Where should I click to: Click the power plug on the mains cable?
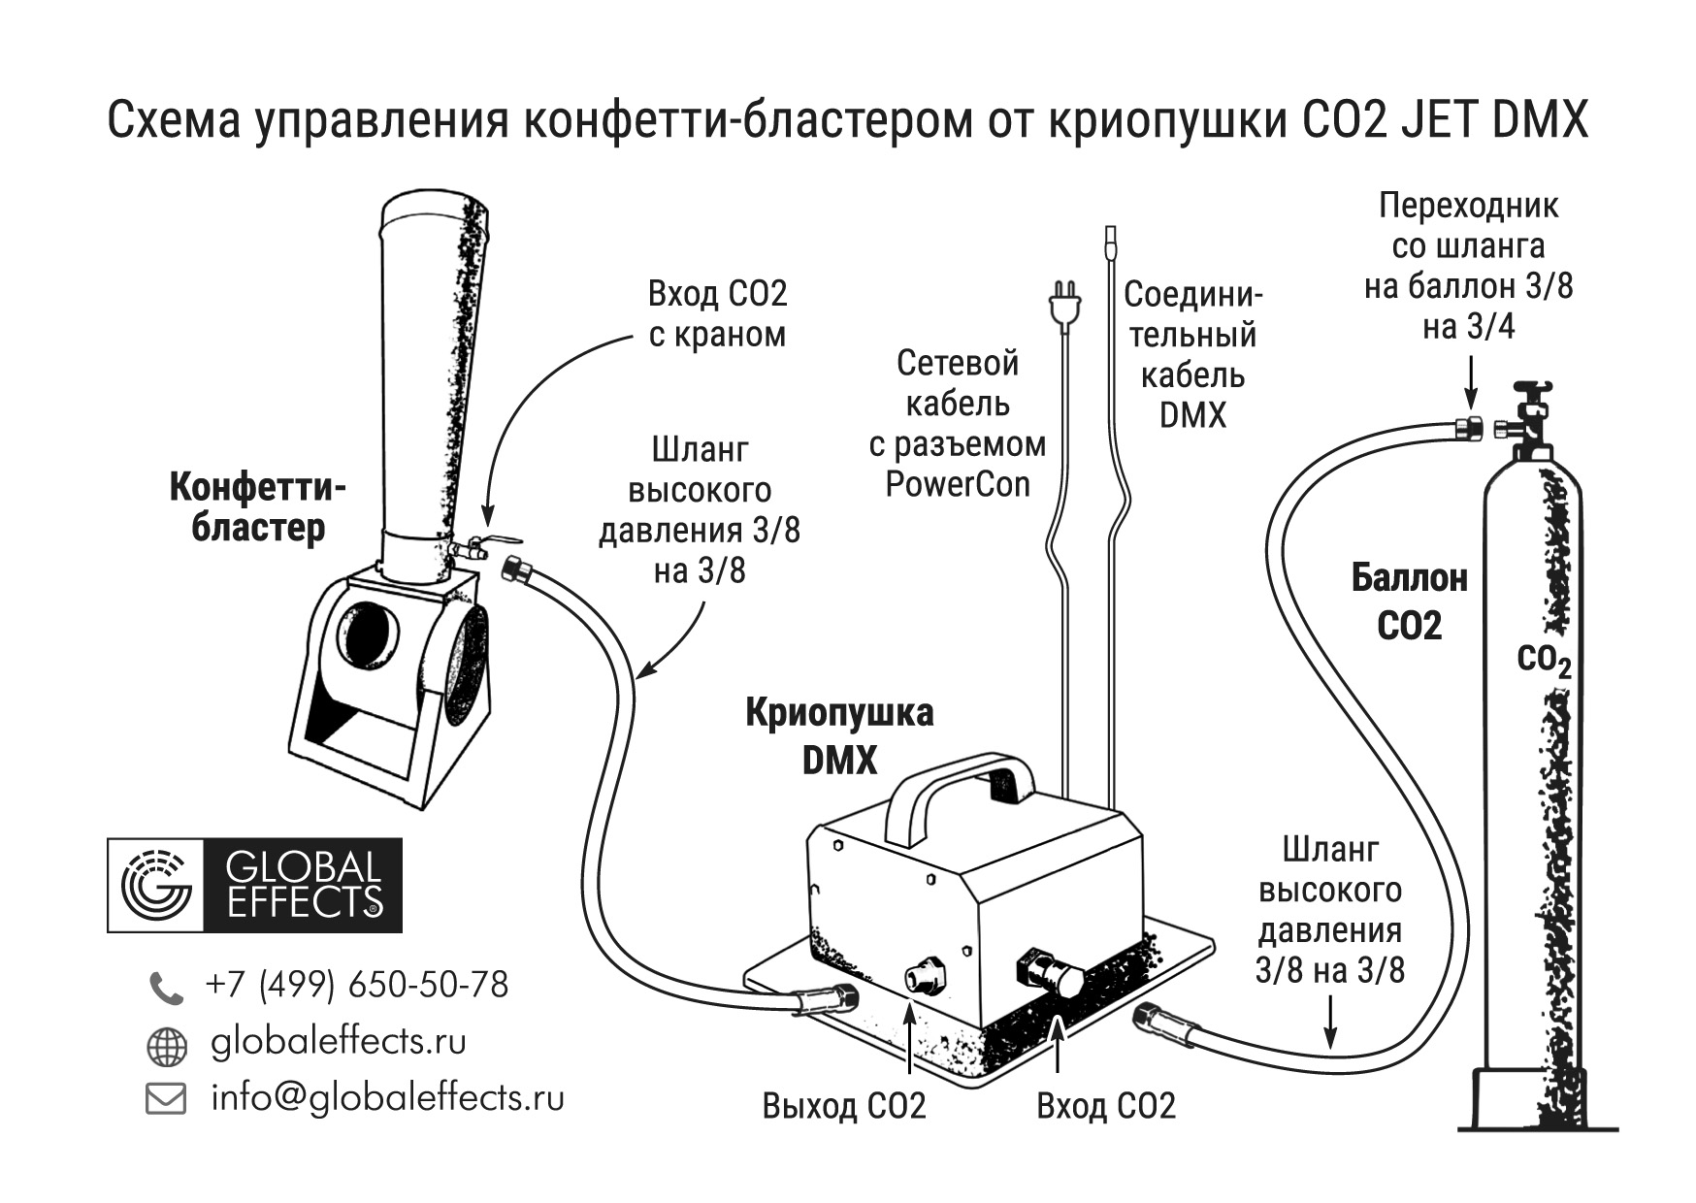pyautogui.click(x=1064, y=302)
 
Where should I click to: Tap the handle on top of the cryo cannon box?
pyautogui.click(x=961, y=782)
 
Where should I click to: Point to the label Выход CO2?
pyautogui.click(x=844, y=1106)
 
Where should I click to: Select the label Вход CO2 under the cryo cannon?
pyautogui.click(x=1106, y=1106)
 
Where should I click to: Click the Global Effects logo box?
pyautogui.click(x=254, y=885)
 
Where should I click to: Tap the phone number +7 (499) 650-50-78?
pyautogui.click(x=356, y=985)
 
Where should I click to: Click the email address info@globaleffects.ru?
pyautogui.click(x=387, y=1097)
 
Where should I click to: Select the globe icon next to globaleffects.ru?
pyautogui.click(x=165, y=1046)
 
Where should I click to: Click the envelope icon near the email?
pyautogui.click(x=165, y=1099)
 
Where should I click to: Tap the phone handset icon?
pyautogui.click(x=165, y=988)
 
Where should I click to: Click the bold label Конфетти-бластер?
pyautogui.click(x=257, y=507)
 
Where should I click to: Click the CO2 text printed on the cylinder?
pyautogui.click(x=1543, y=661)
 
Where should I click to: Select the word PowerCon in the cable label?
pyautogui.click(x=957, y=484)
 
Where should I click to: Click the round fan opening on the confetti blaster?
pyautogui.click(x=367, y=635)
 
